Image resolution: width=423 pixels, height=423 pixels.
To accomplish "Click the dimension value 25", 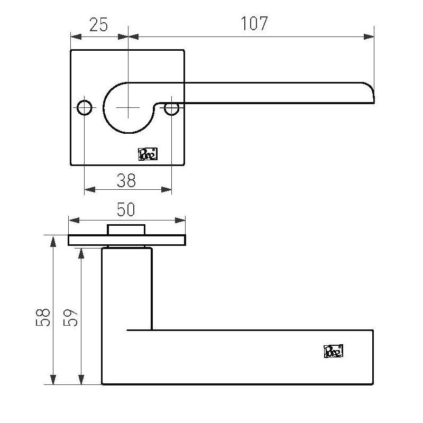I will click(99, 24).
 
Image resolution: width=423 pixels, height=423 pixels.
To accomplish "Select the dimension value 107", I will click(254, 24).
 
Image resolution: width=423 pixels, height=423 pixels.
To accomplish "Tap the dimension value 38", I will click(126, 181).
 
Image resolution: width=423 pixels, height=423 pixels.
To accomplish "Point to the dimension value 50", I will click(126, 210).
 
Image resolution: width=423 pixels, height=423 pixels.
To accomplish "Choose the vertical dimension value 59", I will click(72, 317).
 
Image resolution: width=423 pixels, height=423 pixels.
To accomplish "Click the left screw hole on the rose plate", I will click(84, 108).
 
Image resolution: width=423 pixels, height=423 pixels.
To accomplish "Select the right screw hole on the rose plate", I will click(171, 108).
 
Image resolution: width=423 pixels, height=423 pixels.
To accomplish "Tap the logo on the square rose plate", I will click(148, 154).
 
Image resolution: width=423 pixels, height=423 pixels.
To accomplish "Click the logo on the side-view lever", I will click(334, 351).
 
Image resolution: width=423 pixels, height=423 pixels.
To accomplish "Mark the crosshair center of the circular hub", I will click(127, 107).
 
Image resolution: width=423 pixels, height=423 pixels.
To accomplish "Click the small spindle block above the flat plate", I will click(126, 229).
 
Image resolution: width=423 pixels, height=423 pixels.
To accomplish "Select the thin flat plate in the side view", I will click(127, 241).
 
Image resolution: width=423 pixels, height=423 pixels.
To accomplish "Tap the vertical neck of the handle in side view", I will click(127, 288).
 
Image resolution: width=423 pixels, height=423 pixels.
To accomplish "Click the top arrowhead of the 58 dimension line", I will click(53, 240).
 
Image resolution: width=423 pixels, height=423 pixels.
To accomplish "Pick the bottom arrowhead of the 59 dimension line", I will click(81, 380).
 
